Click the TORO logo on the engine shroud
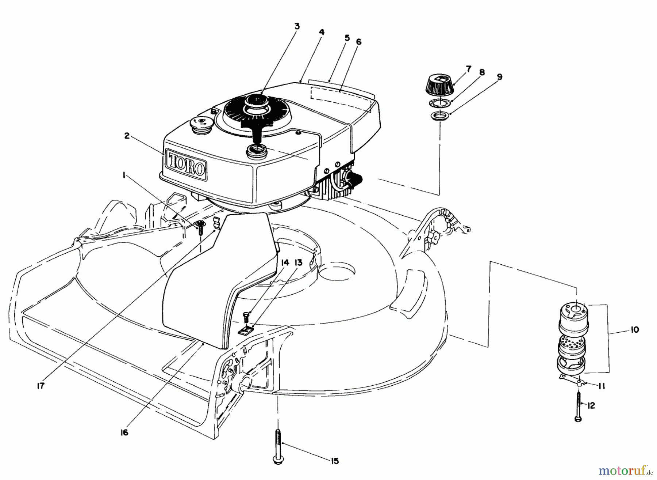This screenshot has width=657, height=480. (x=186, y=164)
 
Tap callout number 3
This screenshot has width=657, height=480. (x=297, y=26)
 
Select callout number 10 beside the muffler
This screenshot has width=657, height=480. (x=634, y=329)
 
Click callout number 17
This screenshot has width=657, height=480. (x=41, y=385)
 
